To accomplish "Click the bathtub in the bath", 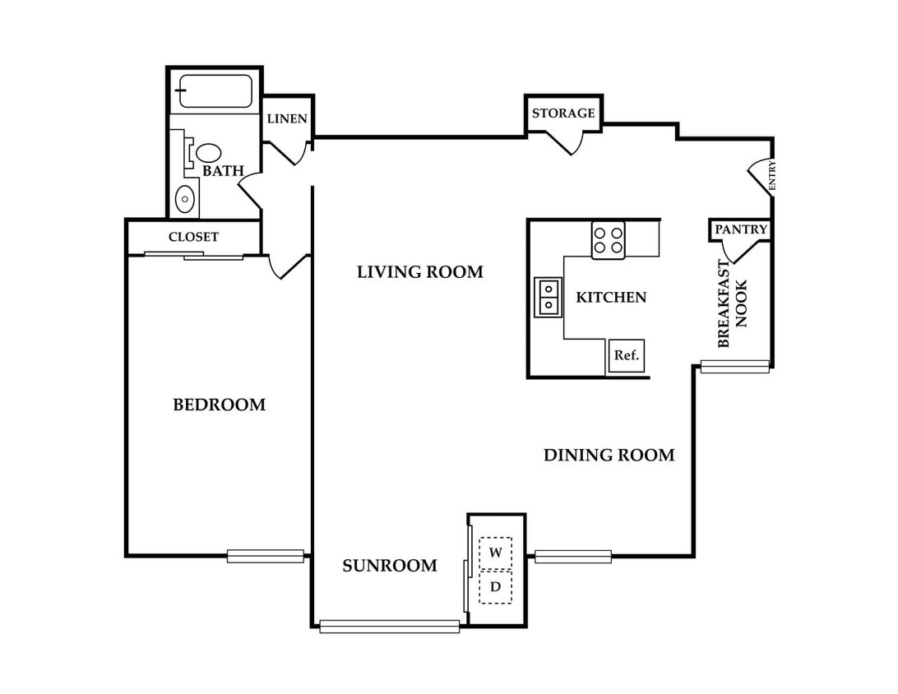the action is point(215,91).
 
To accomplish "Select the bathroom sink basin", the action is point(185,199).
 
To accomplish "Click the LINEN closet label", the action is point(287,118).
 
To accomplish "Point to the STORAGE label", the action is point(563,113).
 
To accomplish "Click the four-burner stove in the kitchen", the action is point(609,240).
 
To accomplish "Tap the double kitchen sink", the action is point(548,297).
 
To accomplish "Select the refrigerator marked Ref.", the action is point(626,355).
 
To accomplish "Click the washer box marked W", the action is point(495,553).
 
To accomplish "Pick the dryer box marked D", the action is point(495,587).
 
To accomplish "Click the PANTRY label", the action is point(741,229).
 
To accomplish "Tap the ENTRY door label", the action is point(772,175).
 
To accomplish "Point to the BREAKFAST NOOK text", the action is point(733,303).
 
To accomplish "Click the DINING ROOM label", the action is point(609,456).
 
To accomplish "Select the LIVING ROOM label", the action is point(420,272).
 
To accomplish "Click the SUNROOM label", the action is point(390,566).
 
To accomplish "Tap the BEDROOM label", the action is point(220,405).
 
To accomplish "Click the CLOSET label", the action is point(193,237).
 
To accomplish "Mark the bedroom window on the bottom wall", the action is point(265,556).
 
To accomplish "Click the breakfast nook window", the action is point(735,367).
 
